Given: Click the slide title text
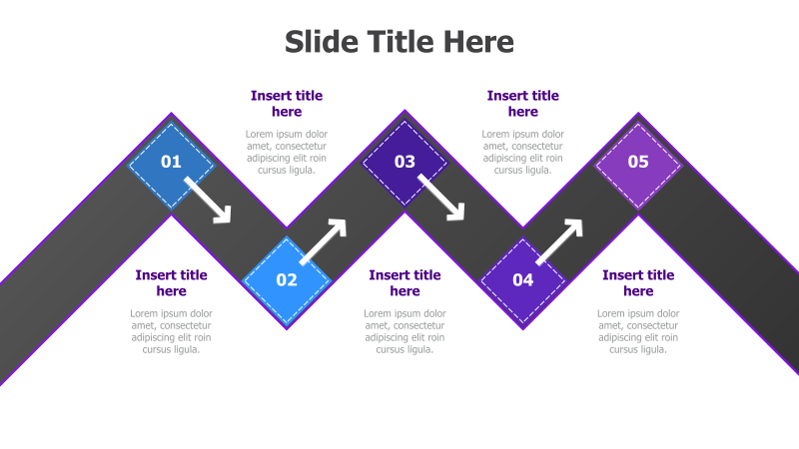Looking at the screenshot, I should [399, 42].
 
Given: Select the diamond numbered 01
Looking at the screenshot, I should [172, 162].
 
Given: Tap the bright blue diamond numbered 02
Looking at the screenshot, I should [287, 280].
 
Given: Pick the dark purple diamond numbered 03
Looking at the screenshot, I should [404, 162].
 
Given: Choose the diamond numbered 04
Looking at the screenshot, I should [523, 280].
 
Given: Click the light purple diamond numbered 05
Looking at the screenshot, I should [638, 162].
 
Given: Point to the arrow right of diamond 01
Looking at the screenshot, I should [209, 200].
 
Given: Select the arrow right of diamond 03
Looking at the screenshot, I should [441, 198].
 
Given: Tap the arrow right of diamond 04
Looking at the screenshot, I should [559, 241].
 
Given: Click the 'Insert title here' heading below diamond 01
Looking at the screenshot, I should [172, 283].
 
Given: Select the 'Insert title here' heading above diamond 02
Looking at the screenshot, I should [287, 104].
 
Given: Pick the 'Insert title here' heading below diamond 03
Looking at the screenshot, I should [404, 283].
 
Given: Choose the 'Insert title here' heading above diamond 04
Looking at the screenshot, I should [523, 104].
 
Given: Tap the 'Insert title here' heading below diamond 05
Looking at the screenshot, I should [638, 283].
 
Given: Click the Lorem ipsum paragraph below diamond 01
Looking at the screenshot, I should [172, 331].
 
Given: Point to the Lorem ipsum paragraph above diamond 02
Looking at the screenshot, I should [287, 152].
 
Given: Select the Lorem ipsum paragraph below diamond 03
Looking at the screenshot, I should [404, 331].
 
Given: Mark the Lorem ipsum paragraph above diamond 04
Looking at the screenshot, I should [523, 152].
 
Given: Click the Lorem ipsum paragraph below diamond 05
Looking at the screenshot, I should [638, 331].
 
